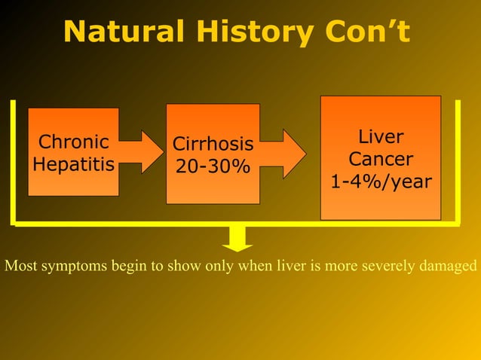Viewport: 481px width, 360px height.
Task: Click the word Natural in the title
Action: (120, 32)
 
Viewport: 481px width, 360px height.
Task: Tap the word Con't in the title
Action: (364, 32)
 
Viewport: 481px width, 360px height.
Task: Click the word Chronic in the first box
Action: (73, 142)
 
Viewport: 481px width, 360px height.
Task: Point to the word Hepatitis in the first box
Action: (73, 163)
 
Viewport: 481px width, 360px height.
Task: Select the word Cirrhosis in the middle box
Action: (213, 143)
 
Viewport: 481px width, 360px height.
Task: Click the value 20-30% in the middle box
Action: (213, 165)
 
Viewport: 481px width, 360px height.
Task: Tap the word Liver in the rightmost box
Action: (381, 137)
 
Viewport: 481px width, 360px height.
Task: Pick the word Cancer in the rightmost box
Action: (381, 160)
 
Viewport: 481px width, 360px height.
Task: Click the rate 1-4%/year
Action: (381, 182)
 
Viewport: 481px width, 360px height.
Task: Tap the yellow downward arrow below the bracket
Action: (237, 239)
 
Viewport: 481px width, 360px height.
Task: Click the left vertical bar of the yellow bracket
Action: (14, 162)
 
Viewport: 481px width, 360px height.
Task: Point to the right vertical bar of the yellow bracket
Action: (457, 162)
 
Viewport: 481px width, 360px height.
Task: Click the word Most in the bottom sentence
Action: (19, 266)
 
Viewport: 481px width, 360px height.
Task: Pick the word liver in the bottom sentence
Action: (294, 266)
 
